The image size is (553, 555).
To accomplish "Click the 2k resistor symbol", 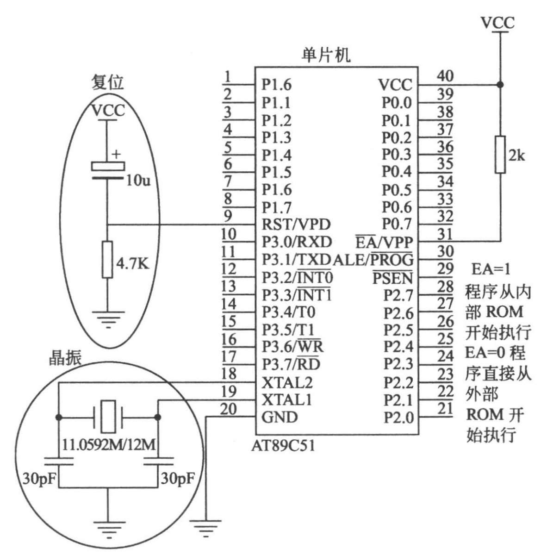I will pos(500,155).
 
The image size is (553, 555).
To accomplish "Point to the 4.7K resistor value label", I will pos(133,264).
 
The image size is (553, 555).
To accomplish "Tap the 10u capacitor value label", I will pos(138,181).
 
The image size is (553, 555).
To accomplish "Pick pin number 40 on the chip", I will pos(445,76).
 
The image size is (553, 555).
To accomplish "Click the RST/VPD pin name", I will pos(296,224).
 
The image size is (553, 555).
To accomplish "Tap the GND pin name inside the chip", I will pos(280,417).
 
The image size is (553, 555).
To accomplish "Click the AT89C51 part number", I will pos(283,446).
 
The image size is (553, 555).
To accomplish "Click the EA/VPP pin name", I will pos(384,242).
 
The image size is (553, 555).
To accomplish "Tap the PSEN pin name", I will pos(392,278).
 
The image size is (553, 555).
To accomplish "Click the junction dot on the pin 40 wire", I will pos(500,85).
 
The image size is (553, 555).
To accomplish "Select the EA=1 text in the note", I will pos(491,269).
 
